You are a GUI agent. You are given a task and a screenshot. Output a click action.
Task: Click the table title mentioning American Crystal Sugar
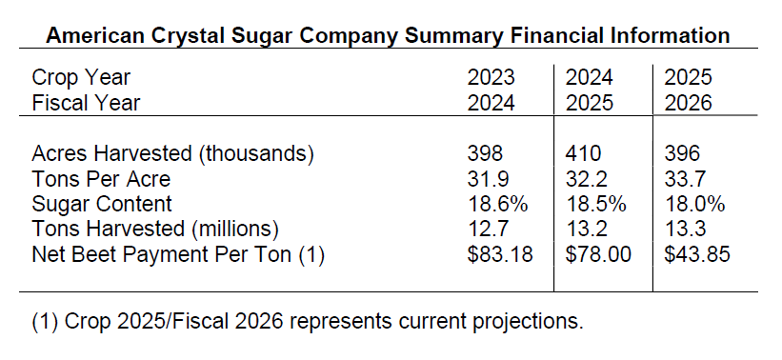pyautogui.click(x=389, y=36)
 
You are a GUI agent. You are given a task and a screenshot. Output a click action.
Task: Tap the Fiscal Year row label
pyautogui.click(x=86, y=103)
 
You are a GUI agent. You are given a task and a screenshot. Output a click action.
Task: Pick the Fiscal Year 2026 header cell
pyautogui.click(x=689, y=103)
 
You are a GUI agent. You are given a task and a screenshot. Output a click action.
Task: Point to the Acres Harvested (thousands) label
pyautogui.click(x=172, y=153)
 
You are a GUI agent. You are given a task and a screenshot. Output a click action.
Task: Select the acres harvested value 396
pyautogui.click(x=683, y=153)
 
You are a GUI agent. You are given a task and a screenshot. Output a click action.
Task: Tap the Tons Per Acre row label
pyautogui.click(x=101, y=178)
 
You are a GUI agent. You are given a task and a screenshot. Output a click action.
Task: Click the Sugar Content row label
pyautogui.click(x=102, y=204)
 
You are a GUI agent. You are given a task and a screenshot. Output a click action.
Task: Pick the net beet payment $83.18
pyautogui.click(x=500, y=254)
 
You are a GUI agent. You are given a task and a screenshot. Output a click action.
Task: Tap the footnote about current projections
pyautogui.click(x=307, y=321)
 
